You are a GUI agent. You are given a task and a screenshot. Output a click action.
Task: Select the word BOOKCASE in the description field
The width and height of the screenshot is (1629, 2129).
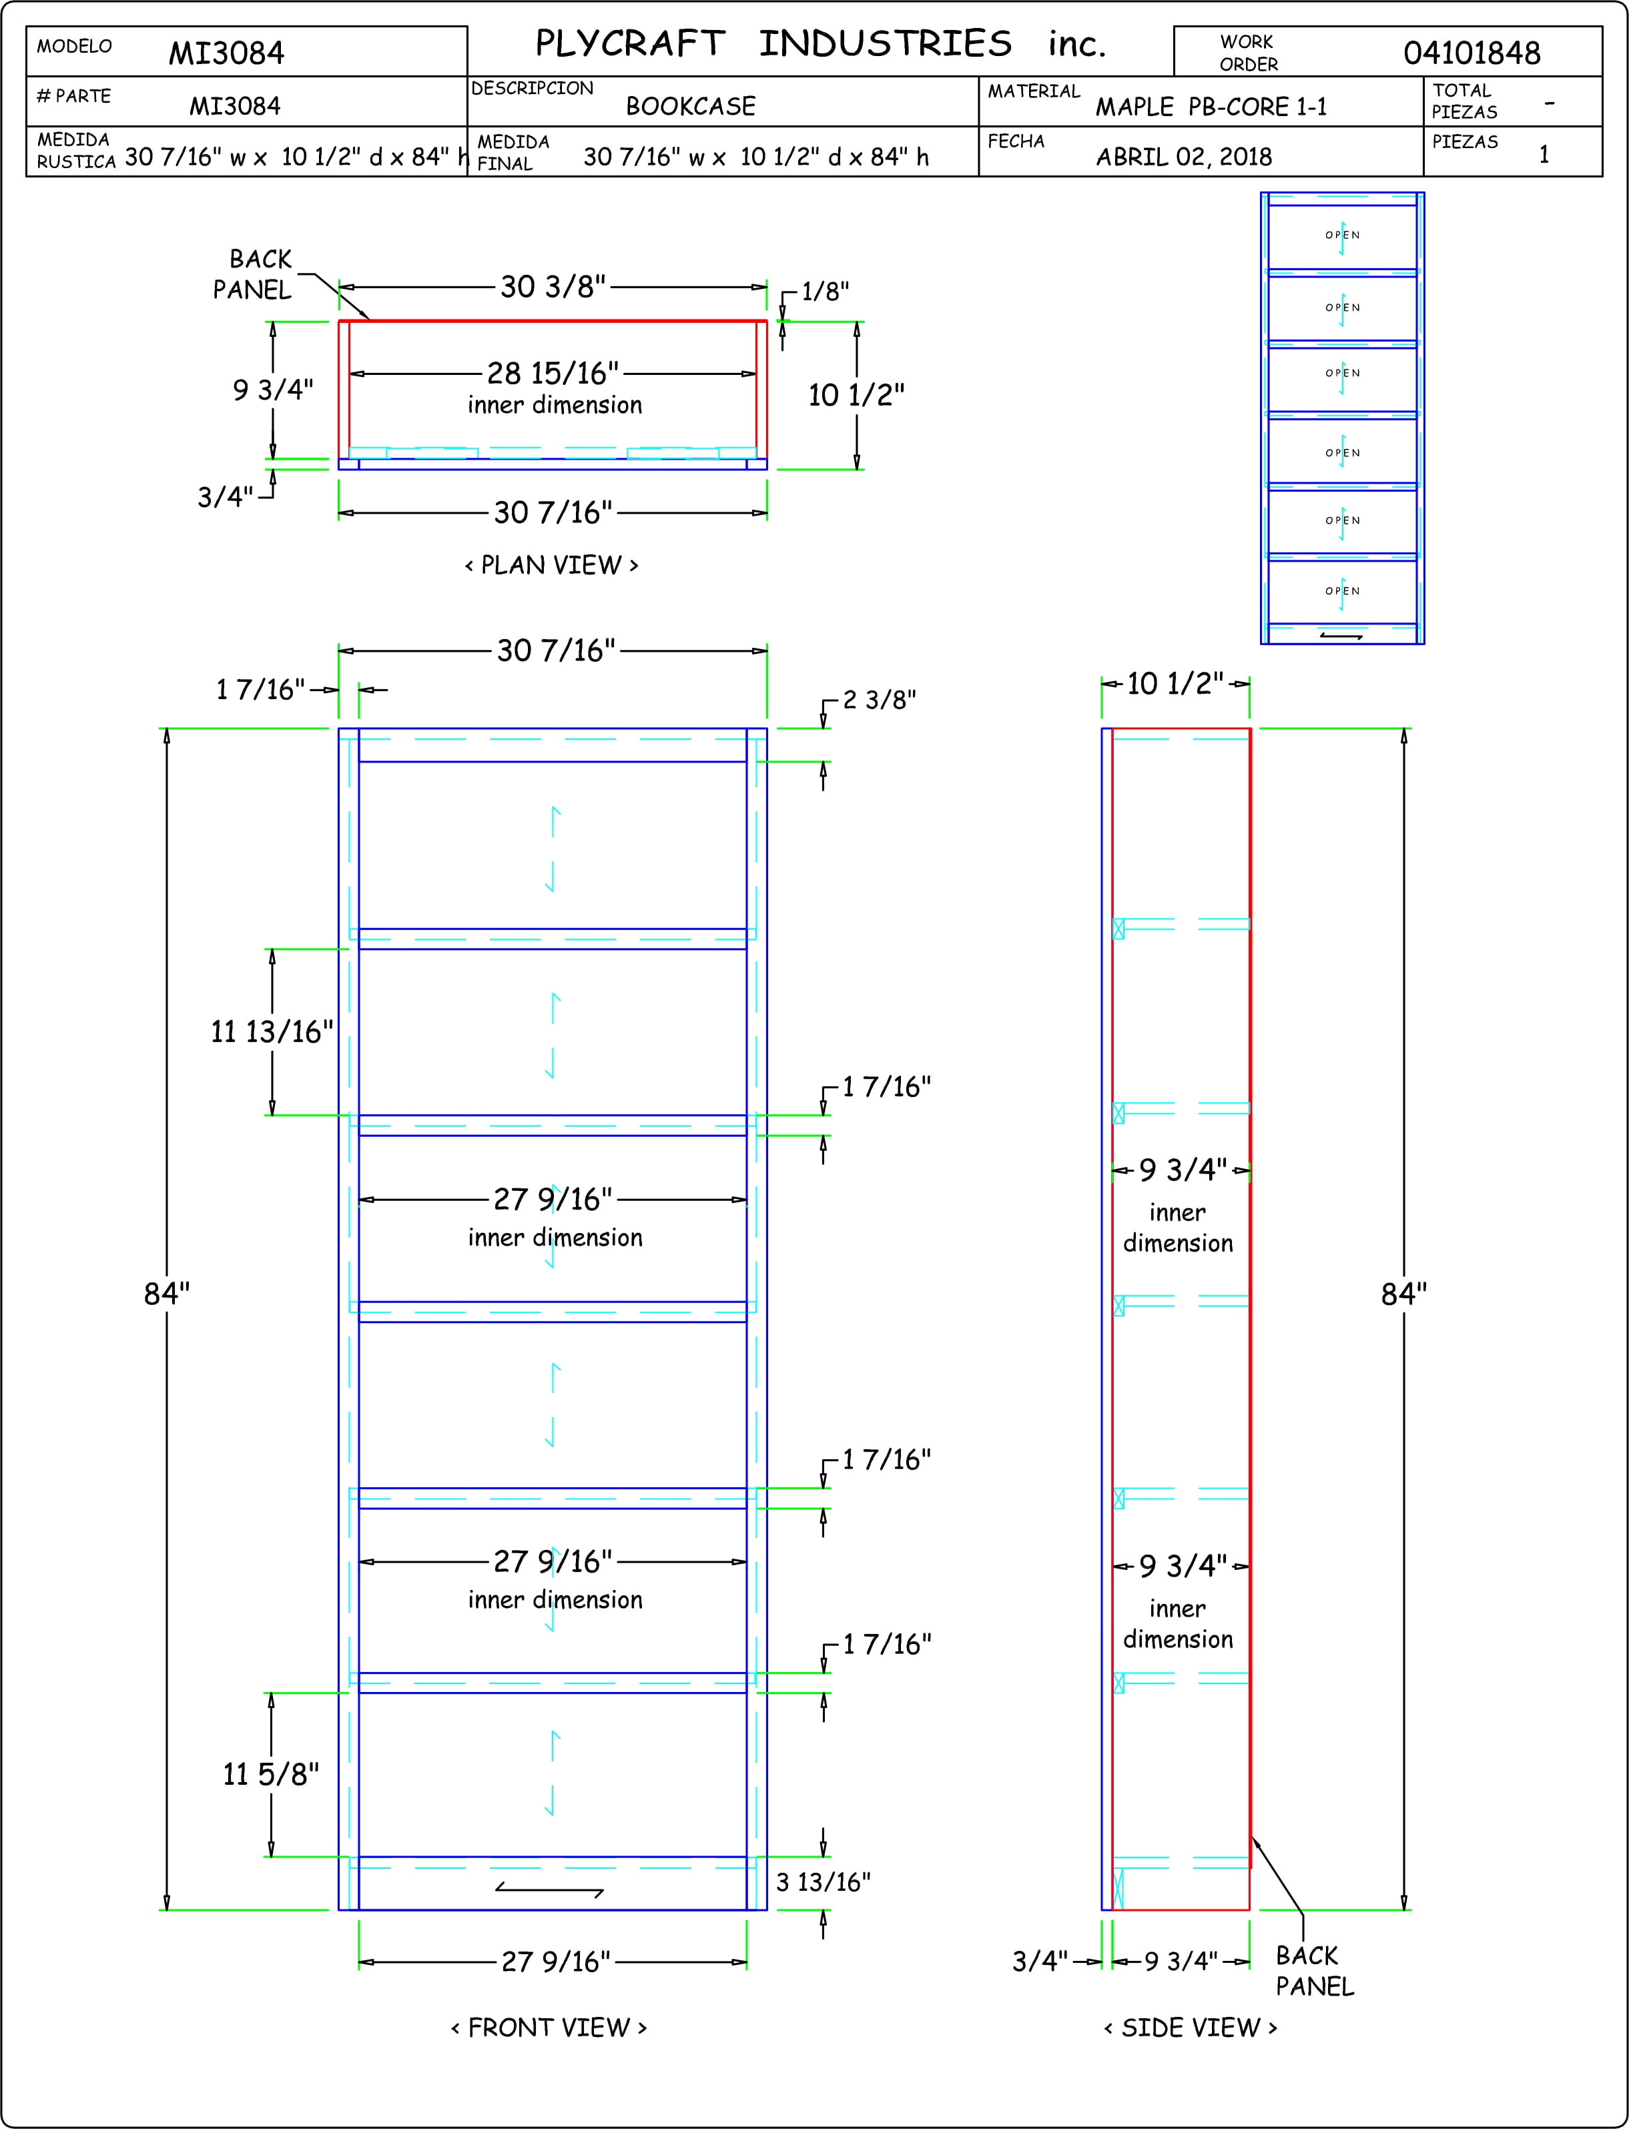[691, 105]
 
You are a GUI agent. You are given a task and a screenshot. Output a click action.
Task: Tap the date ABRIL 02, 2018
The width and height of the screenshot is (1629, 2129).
[1184, 156]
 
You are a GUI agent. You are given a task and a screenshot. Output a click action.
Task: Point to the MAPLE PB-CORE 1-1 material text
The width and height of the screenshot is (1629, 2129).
[1211, 107]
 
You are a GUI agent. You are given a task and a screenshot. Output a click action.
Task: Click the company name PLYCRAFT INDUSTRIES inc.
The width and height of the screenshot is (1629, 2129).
[820, 43]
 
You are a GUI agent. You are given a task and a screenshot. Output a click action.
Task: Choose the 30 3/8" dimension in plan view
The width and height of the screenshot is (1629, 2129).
[553, 286]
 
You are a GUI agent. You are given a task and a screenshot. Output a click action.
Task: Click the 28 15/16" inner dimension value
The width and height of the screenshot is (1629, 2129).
[553, 372]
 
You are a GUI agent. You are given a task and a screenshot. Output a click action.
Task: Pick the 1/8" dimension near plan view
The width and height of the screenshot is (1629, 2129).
[825, 291]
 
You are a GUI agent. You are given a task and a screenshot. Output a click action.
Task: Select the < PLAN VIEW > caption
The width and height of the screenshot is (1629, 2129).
[552, 564]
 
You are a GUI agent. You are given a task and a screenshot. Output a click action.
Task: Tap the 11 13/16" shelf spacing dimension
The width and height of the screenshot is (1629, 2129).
[272, 1031]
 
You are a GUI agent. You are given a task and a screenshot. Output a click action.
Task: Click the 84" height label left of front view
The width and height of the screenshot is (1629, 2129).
[167, 1293]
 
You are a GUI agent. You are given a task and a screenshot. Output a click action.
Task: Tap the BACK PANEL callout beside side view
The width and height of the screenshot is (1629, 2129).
[1315, 1970]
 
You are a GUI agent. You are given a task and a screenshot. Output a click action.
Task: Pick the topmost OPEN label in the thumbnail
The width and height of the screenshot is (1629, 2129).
[1343, 235]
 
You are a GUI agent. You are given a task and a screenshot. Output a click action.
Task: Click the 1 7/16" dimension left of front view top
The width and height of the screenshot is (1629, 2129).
[260, 689]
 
